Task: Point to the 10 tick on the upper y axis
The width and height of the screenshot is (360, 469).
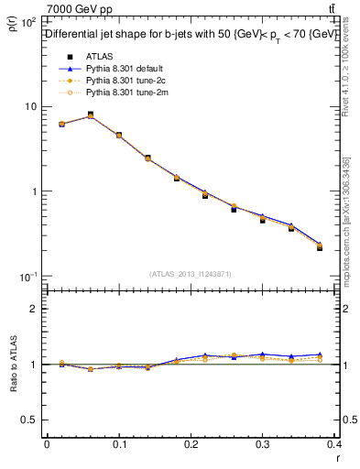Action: tap(32, 106)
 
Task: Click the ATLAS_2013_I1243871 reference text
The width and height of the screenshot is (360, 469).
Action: tap(191, 274)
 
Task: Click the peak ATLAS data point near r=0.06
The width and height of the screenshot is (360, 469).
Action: tap(90, 115)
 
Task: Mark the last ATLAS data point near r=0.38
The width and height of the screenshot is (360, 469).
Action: tap(320, 247)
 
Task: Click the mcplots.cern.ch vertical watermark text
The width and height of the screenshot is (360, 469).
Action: tap(348, 229)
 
